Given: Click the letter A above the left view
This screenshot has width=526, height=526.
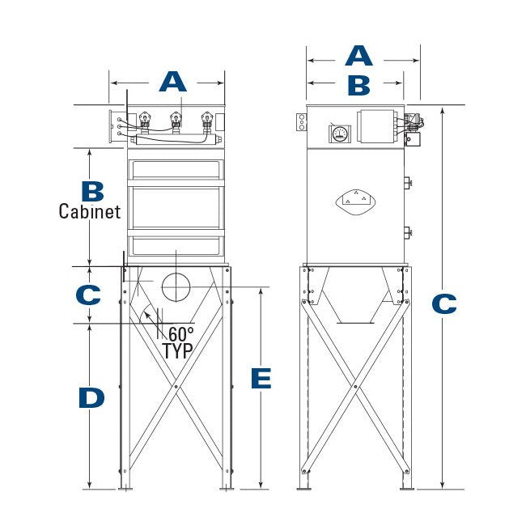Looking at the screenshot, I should [172, 82].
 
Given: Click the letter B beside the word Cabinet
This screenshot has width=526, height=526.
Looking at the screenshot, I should [93, 191].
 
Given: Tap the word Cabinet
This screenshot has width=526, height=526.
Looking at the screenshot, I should [90, 212].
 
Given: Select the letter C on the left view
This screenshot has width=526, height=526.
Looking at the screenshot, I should [88, 295].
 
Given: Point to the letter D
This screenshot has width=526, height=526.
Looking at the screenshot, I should [91, 398].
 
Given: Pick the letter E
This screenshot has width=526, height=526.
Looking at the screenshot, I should [261, 379].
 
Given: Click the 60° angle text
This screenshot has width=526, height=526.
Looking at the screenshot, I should [180, 333].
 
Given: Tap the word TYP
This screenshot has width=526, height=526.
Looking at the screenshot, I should [178, 351].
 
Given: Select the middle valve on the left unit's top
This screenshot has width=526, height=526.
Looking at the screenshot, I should [175, 122].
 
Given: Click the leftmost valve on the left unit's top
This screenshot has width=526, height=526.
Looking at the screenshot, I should [146, 122].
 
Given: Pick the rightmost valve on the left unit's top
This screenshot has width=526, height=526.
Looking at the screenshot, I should [207, 122].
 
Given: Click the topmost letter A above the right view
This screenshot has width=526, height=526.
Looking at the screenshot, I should [358, 56].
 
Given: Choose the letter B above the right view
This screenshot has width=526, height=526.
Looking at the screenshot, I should [358, 84].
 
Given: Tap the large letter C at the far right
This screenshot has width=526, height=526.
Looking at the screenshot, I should [444, 304].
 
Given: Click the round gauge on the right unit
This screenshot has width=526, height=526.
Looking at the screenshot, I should [339, 134].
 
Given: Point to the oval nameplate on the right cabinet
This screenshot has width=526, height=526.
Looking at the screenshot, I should [355, 197].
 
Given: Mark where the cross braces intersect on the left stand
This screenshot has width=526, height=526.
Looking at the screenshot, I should [176, 388].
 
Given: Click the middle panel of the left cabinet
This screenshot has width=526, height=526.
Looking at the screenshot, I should [176, 207].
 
